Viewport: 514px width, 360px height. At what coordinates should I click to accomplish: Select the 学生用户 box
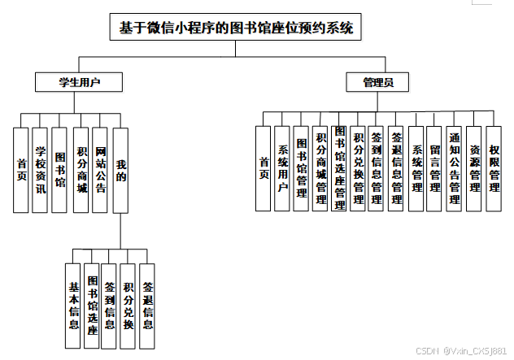pyautogui.click(x=79, y=81)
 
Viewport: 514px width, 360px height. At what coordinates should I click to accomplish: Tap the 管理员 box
pyautogui.click(x=379, y=82)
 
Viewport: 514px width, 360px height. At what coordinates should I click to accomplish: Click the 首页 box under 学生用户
pyautogui.click(x=22, y=170)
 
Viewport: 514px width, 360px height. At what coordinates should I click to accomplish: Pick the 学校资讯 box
pyautogui.click(x=41, y=170)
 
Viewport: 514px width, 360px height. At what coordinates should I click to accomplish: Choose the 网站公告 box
pyautogui.click(x=101, y=170)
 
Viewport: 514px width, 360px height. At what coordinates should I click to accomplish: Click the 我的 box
pyautogui.click(x=121, y=170)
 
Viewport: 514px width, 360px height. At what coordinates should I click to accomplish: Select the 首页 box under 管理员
pyautogui.click(x=263, y=168)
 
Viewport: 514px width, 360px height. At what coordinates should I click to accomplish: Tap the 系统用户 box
pyautogui.click(x=282, y=168)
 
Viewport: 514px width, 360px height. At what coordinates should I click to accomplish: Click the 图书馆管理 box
pyautogui.click(x=301, y=168)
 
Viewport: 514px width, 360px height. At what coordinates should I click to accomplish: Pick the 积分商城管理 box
pyautogui.click(x=320, y=168)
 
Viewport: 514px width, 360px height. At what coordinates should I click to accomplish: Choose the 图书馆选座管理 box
pyautogui.click(x=339, y=168)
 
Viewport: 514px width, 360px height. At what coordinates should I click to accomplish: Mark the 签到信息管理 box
pyautogui.click(x=377, y=168)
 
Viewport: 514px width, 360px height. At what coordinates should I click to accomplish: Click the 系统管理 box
pyautogui.click(x=416, y=168)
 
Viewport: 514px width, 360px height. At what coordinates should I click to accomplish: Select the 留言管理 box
pyautogui.click(x=435, y=168)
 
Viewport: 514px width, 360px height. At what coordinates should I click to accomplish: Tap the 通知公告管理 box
pyautogui.click(x=455, y=168)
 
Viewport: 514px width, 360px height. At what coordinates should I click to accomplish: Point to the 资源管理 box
pyautogui.click(x=474, y=168)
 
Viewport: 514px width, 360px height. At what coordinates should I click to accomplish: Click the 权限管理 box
pyautogui.click(x=494, y=168)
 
